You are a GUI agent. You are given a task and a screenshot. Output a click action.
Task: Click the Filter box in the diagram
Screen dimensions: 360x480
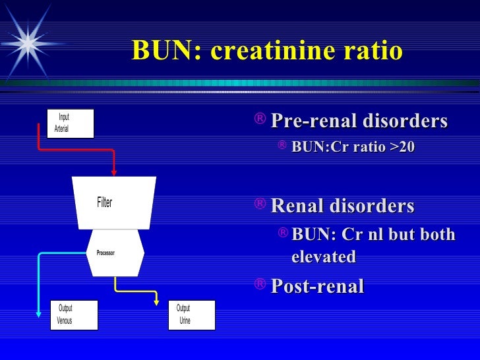(113, 202)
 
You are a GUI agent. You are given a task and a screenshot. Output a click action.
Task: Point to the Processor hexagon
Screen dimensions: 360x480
(115, 253)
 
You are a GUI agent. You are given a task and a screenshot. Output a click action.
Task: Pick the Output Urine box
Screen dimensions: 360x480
(191, 315)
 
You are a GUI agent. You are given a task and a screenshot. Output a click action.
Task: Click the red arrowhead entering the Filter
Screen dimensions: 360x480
(114, 172)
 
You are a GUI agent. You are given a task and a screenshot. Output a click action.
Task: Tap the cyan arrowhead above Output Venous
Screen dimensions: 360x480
(40, 296)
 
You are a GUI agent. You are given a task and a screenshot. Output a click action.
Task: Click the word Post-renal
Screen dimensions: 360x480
(317, 286)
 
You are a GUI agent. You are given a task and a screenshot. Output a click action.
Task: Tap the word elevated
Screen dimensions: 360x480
(324, 256)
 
